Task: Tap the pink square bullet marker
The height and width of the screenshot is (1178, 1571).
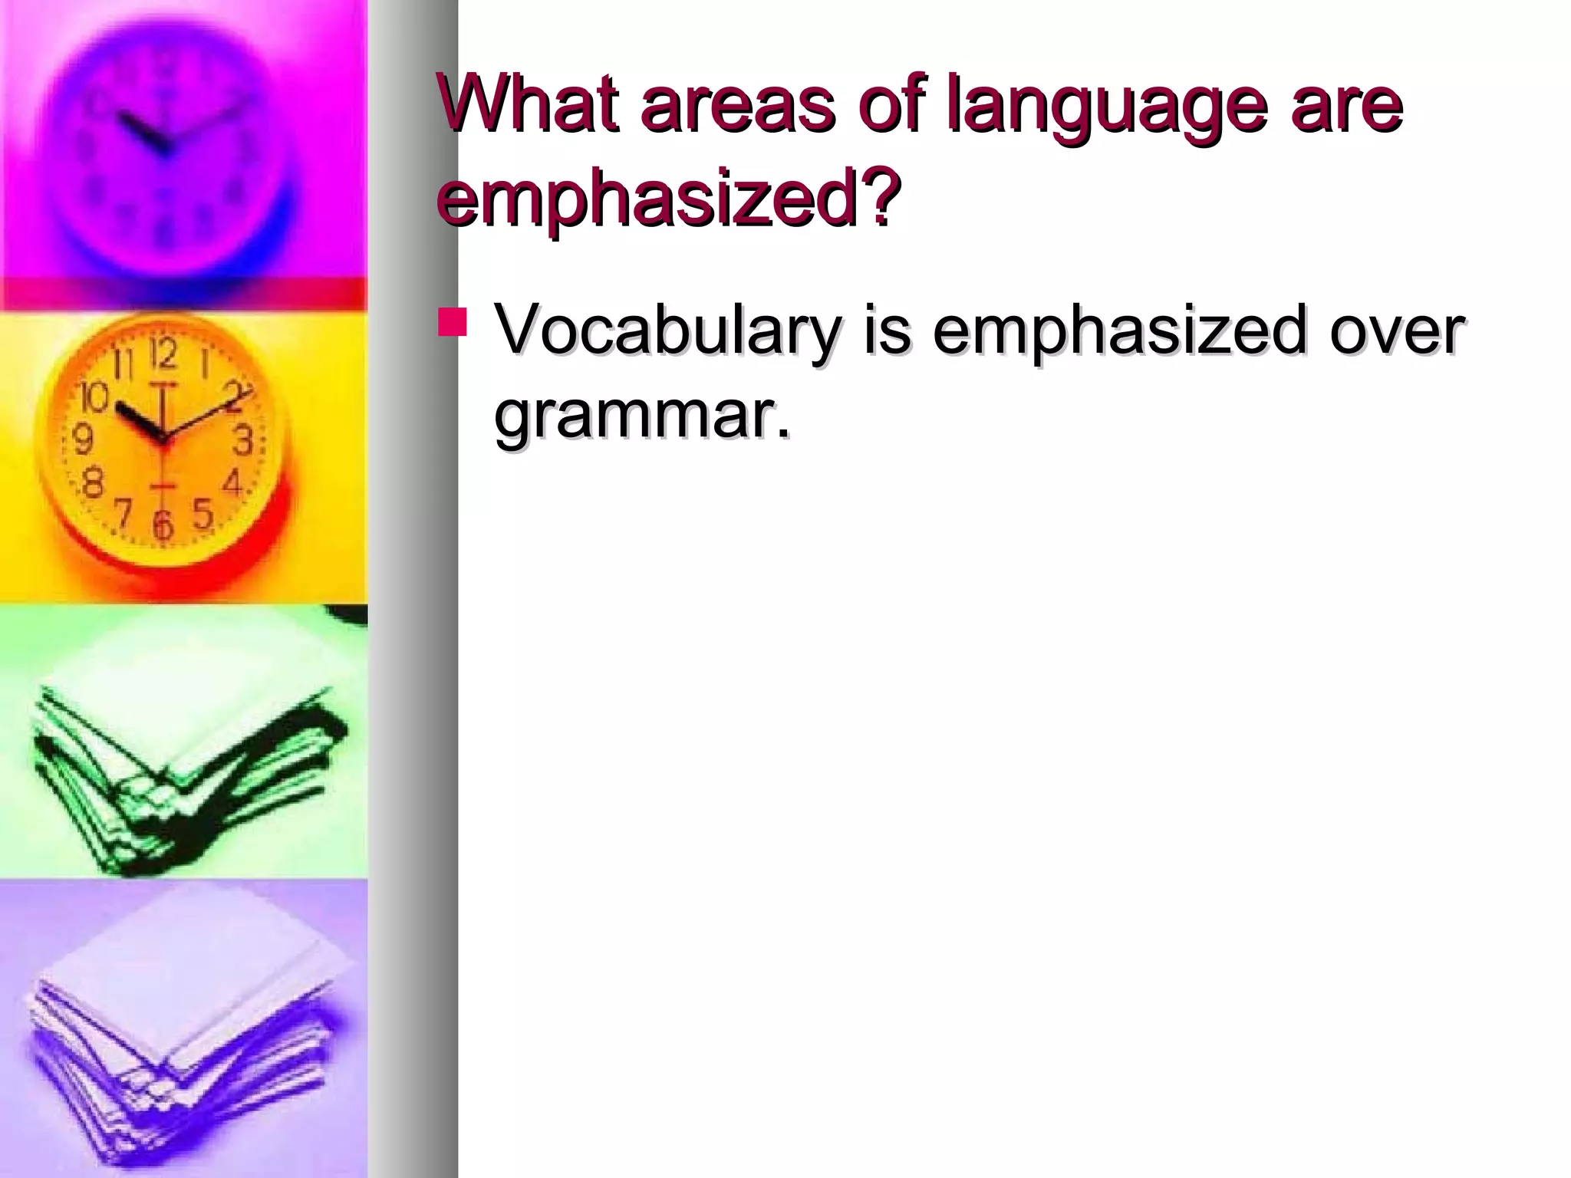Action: (x=453, y=322)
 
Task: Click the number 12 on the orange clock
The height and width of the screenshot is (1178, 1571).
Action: (x=163, y=354)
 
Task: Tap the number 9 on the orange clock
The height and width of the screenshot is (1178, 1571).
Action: (x=83, y=439)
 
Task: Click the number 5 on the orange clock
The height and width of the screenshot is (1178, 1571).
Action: (x=202, y=513)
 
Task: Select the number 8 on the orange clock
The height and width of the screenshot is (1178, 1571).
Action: (x=93, y=483)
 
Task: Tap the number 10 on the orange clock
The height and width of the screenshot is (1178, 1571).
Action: (x=94, y=397)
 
